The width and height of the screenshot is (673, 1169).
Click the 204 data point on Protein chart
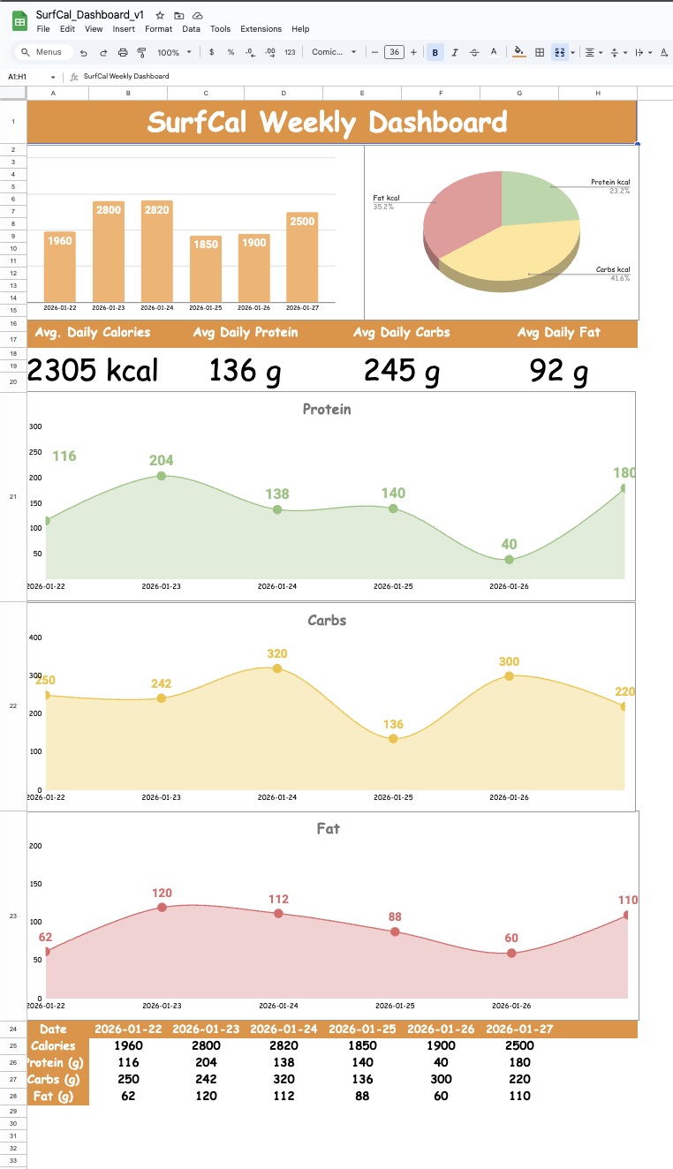[x=161, y=476]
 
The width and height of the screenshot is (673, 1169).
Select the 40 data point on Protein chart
[x=509, y=560]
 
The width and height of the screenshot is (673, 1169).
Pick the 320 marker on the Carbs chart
[x=277, y=668]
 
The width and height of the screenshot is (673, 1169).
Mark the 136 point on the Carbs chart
[x=393, y=738]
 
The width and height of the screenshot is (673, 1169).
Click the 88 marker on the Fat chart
[x=395, y=931]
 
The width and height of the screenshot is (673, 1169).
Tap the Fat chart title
[x=328, y=828]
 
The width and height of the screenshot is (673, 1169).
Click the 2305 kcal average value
[x=93, y=370]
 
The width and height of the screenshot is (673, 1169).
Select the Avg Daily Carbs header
[x=401, y=333]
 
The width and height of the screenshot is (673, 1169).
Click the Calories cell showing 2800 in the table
[x=206, y=1045]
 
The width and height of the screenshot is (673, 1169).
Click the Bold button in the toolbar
[x=435, y=52]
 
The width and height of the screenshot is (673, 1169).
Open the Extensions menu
[x=261, y=29]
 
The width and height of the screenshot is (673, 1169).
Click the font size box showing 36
[x=394, y=52]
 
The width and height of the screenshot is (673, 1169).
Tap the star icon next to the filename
[x=160, y=15]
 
